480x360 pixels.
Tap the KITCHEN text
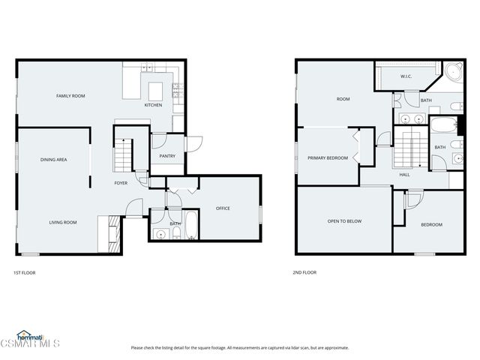153,105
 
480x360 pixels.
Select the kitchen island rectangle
156,91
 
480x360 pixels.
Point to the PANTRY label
167,156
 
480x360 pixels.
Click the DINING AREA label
54,160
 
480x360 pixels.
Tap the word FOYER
121,183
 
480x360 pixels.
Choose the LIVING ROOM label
64,223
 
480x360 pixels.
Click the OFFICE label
223,208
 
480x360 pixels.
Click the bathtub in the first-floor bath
190,226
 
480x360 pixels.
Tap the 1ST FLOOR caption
24,273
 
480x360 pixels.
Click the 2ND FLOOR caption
302,273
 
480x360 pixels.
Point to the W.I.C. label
406,76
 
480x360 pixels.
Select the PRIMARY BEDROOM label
327,158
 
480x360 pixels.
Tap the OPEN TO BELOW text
344,221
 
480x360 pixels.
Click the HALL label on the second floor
404,175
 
